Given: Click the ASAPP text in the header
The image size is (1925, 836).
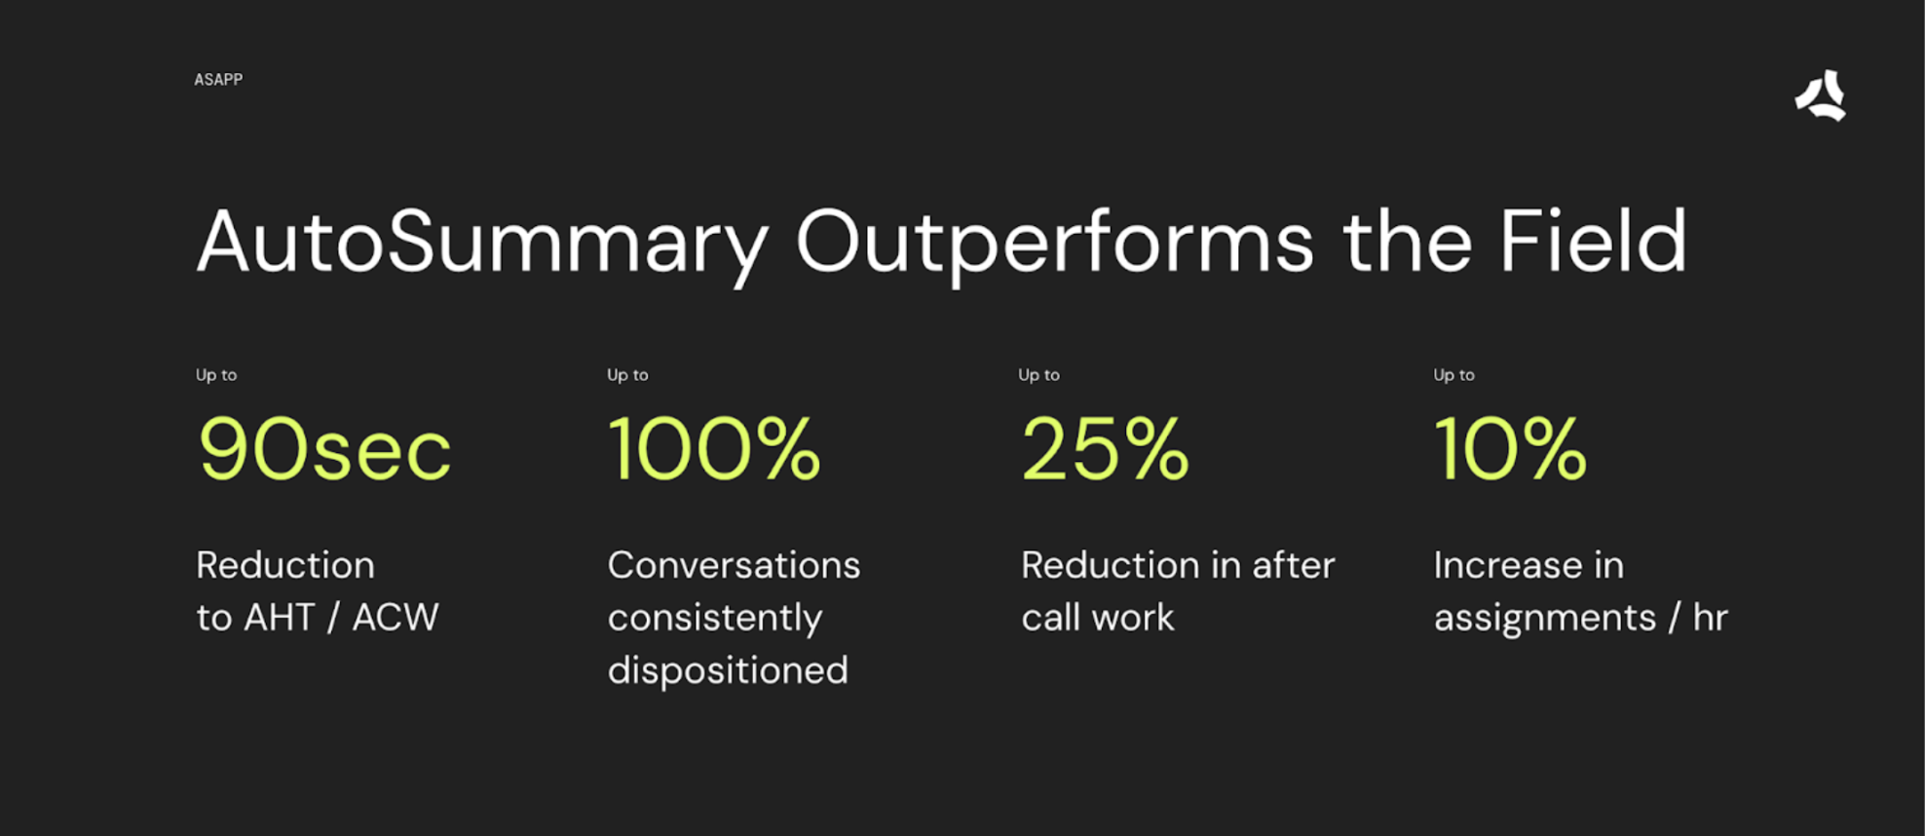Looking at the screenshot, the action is tap(218, 80).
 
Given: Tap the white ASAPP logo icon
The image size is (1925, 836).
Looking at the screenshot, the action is tap(1821, 95).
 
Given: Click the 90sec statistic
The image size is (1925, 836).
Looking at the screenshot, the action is tap(324, 449).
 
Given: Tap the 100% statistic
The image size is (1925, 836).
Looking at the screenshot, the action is tap(714, 448).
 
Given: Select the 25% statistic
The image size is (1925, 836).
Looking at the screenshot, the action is tap(1105, 448).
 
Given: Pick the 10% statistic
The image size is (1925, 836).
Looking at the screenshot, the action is tap(1510, 448).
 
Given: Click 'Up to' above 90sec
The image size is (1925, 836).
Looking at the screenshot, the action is tap(216, 375).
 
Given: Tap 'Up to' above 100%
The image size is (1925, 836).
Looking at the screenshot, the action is tap(627, 375).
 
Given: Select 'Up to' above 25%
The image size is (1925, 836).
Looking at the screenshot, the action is tap(1038, 375).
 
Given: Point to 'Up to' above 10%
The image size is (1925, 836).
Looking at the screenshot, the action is tap(1453, 375).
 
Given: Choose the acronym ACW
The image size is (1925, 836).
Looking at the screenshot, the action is tap(396, 618).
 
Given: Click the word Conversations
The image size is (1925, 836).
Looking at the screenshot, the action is tap(734, 565).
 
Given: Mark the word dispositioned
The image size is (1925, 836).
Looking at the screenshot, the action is tap(728, 671).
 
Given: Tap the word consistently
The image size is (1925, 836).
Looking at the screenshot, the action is tap(715, 619).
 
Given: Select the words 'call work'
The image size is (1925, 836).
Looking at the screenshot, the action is tap(1098, 618).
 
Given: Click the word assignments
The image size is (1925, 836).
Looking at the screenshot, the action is tap(1545, 619).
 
